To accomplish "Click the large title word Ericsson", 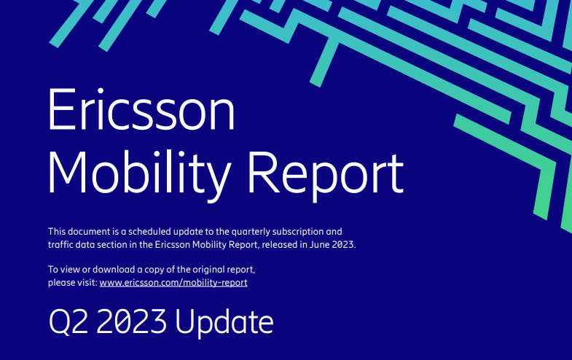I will tap(141, 112).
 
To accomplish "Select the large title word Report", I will tap(326, 173).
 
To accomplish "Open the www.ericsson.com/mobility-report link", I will tap(173, 282).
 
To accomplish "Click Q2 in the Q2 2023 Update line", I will tap(66, 321).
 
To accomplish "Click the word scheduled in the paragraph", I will tap(151, 231).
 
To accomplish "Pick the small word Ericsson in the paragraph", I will tap(173, 244).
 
